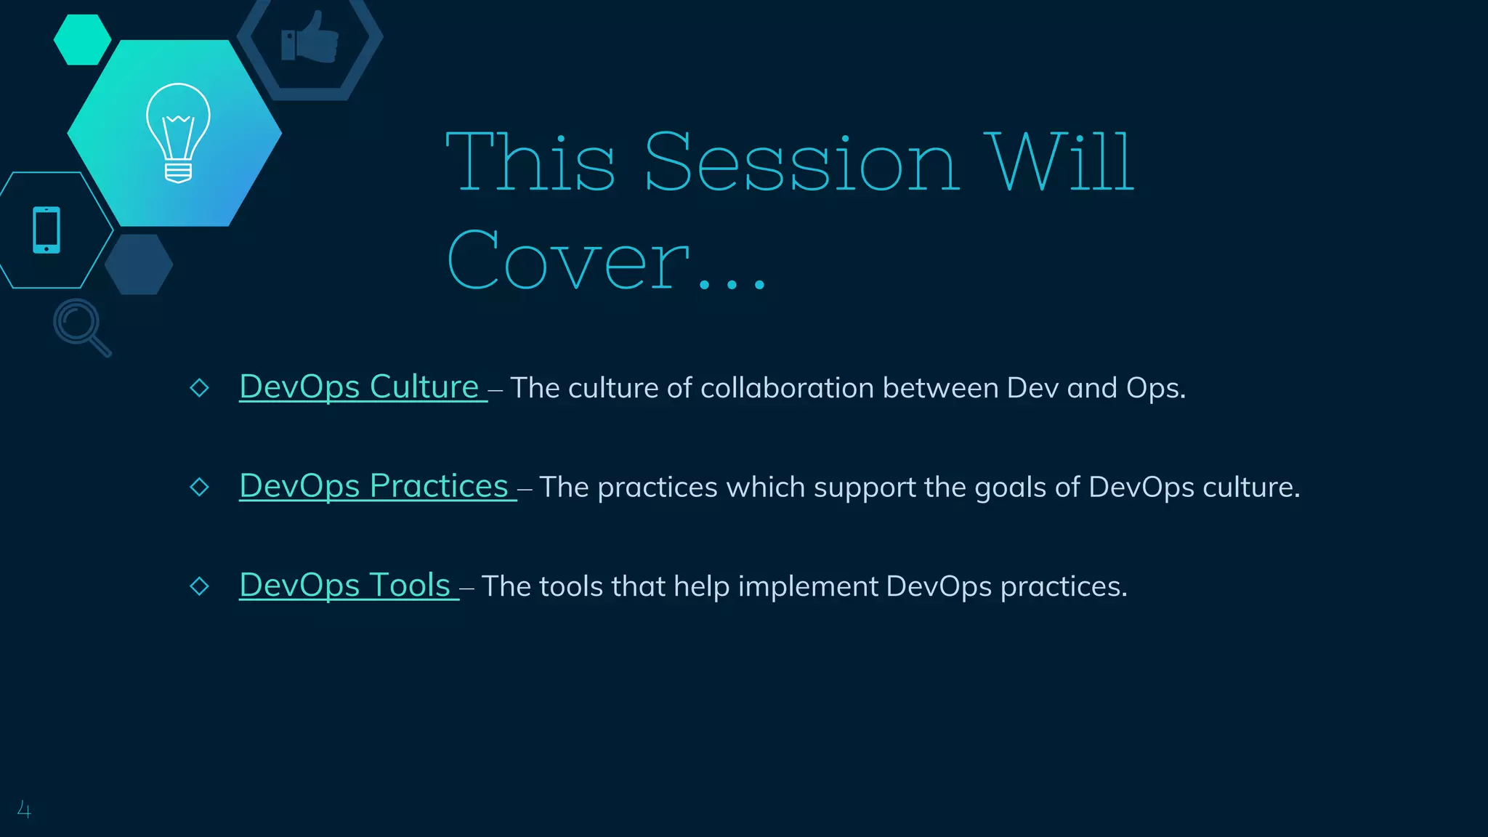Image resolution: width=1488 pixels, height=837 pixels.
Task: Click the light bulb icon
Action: (x=178, y=133)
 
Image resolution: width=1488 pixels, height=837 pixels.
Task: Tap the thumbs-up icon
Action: (x=310, y=39)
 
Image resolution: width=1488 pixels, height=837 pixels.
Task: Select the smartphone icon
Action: (x=46, y=230)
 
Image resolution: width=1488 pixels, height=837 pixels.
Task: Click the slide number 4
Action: (x=24, y=809)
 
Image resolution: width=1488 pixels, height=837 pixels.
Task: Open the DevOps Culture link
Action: (x=359, y=387)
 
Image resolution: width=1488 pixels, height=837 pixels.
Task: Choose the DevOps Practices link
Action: (x=373, y=486)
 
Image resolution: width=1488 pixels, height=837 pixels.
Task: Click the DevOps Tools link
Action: (x=345, y=586)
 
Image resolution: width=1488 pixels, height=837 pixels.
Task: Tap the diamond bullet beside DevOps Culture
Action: (x=199, y=388)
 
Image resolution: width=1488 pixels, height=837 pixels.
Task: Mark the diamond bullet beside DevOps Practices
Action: (x=199, y=487)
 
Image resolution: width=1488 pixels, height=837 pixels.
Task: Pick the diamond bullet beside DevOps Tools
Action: (x=199, y=586)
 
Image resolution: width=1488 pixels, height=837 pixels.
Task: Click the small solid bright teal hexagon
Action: (x=82, y=40)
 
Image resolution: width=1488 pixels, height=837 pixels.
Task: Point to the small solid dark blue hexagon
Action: (x=139, y=264)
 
